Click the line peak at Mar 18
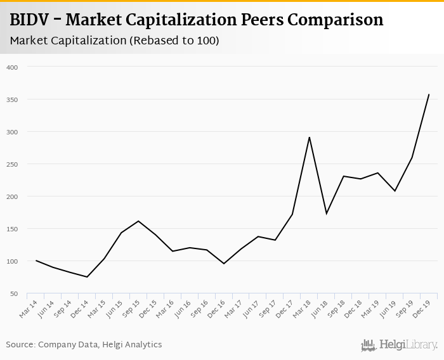click(309, 137)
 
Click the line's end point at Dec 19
click(429, 94)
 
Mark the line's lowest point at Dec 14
click(87, 277)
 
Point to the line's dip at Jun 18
click(326, 214)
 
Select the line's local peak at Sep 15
click(138, 221)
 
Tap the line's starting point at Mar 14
click(36, 260)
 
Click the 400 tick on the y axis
click(13, 67)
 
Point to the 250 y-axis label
click(13, 164)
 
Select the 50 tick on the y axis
click(15, 293)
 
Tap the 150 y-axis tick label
click(13, 229)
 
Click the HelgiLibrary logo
click(400, 345)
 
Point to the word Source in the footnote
click(20, 345)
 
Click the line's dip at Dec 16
click(224, 264)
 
